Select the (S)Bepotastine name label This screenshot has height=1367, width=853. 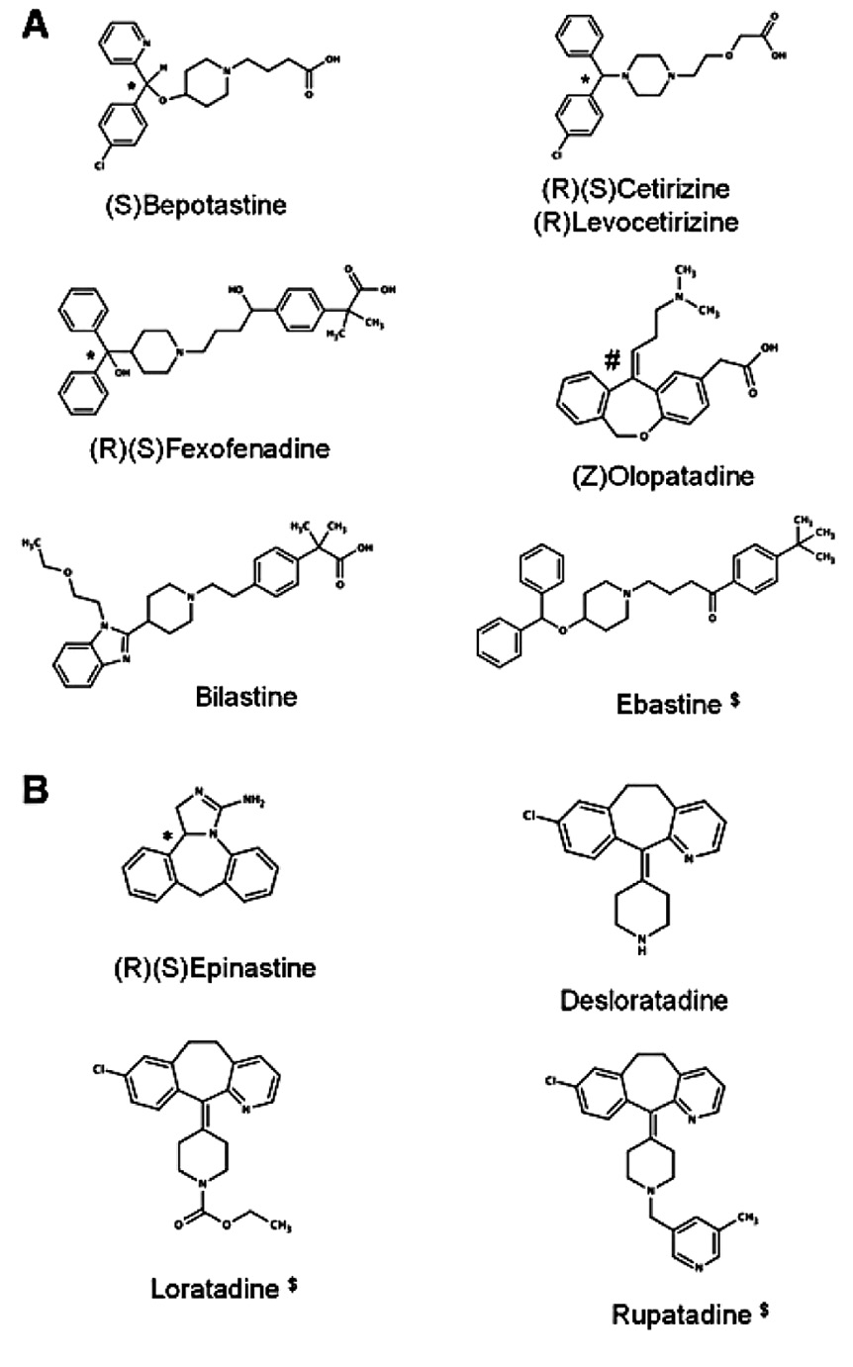[196, 205]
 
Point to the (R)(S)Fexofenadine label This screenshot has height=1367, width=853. [208, 447]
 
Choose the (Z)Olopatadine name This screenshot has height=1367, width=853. [662, 476]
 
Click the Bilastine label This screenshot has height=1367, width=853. [246, 696]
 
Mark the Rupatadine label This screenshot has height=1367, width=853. [681, 1315]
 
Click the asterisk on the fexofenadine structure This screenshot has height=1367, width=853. [91, 352]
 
